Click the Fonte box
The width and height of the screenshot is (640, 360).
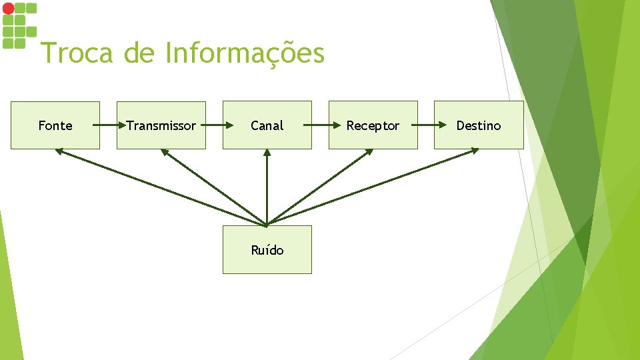click(55, 125)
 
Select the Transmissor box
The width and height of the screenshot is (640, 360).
click(161, 125)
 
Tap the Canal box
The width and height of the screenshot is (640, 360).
click(267, 125)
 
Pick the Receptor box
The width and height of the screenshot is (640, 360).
click(373, 125)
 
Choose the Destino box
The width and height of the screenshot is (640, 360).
click(479, 125)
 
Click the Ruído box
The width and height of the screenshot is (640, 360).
click(267, 249)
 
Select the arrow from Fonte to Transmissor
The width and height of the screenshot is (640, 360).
click(108, 125)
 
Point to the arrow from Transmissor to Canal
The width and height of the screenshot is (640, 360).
click(214, 125)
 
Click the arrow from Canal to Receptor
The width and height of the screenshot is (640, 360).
click(320, 125)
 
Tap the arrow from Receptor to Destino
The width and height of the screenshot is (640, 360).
click(426, 125)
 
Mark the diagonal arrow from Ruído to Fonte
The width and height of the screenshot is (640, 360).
click(160, 187)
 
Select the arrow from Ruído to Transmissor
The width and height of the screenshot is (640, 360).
click(213, 187)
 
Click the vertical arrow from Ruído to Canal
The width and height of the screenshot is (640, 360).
click(267, 187)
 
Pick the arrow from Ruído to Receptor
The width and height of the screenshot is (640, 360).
click(320, 187)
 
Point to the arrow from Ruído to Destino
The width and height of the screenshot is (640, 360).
click(373, 187)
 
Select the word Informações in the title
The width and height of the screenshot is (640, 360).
click(245, 53)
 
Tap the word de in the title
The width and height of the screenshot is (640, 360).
click(139, 53)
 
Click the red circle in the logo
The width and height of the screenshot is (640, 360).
click(8, 9)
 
